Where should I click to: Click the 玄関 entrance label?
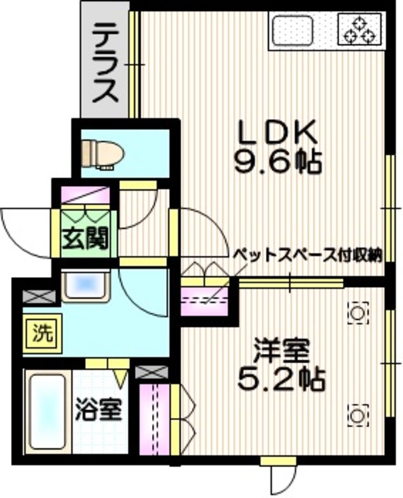tap(80, 237)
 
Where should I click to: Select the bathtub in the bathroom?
tap(46, 412)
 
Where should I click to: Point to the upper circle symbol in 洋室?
tap(358, 312)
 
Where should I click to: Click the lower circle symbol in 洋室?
tap(358, 416)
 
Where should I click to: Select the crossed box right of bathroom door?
tap(147, 373)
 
